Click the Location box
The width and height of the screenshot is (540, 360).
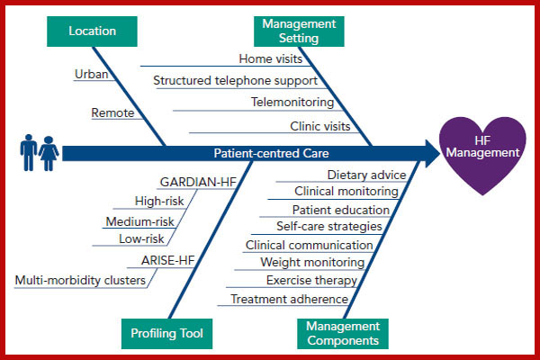[93, 31]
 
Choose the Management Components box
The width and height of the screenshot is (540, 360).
[342, 333]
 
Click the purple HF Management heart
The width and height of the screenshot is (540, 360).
[484, 155]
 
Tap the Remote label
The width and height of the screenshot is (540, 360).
[112, 113]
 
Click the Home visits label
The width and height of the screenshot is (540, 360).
[270, 59]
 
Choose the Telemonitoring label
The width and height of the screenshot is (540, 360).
[292, 103]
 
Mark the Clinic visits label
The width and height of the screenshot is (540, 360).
[319, 126]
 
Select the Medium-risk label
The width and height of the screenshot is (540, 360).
[139, 221]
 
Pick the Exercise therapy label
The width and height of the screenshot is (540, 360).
[311, 280]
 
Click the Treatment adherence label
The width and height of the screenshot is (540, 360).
[289, 299]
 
